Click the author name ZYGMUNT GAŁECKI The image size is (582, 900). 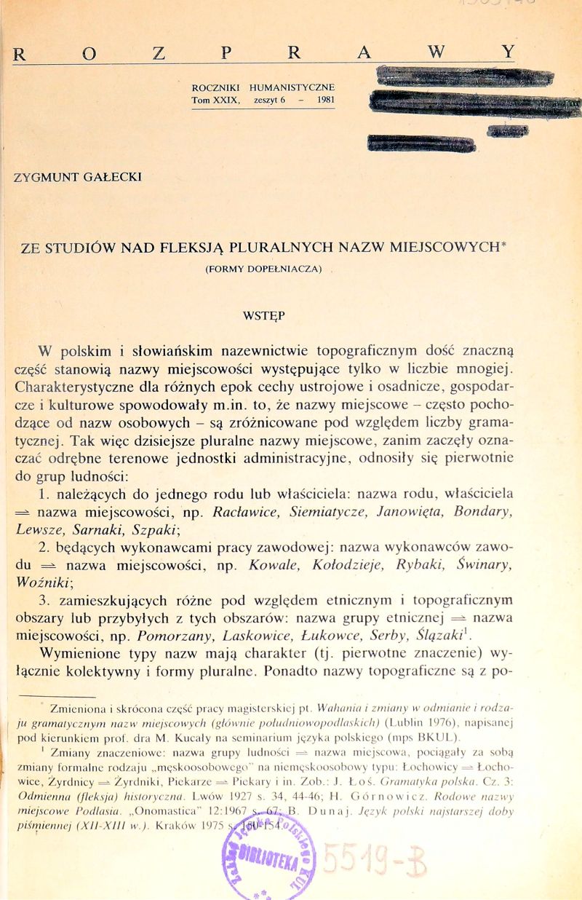click(x=76, y=177)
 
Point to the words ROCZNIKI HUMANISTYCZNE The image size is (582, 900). click(x=263, y=87)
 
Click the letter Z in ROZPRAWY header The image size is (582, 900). click(x=159, y=52)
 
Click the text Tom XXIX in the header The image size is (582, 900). click(x=215, y=100)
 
